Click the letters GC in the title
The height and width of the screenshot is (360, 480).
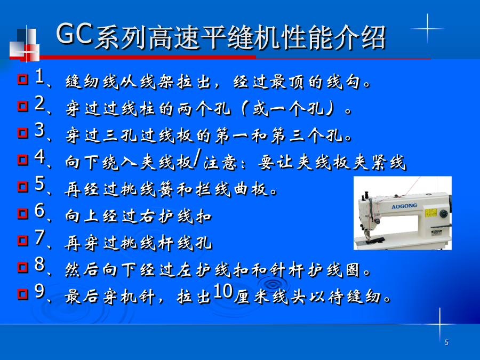point(74,34)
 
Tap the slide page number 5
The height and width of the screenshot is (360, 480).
point(446,342)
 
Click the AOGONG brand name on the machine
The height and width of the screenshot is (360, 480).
point(404,206)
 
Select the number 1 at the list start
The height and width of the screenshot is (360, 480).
point(39,76)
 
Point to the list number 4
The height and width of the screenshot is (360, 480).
point(40,156)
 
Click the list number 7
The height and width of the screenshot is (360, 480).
point(40,237)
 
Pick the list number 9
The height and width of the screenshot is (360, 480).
point(40,291)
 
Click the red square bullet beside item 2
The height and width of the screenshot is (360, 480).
point(22,106)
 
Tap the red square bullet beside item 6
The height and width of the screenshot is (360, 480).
point(22,214)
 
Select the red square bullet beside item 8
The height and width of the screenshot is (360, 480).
point(22,267)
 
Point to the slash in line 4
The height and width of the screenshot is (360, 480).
point(198,158)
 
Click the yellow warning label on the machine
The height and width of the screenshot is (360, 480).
point(431,212)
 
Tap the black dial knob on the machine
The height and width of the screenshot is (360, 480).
point(443,213)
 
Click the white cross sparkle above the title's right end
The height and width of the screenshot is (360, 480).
point(427,28)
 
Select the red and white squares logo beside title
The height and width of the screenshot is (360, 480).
point(24,44)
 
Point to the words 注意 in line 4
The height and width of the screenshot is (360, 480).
point(220,162)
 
